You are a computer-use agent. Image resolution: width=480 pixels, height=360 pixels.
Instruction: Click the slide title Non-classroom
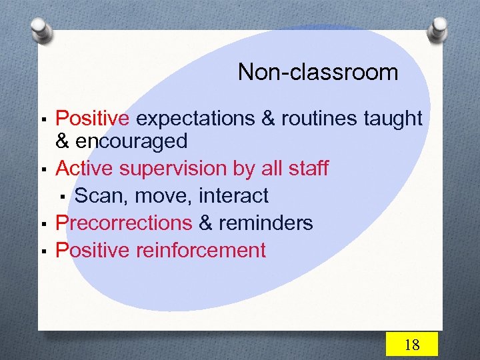tap(317, 71)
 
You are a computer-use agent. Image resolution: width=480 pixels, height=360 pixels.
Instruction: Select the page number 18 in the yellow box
tap(412, 344)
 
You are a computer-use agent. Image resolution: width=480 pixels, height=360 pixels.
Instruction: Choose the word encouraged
tap(131, 141)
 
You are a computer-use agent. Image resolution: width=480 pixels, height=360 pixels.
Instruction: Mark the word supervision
tap(174, 169)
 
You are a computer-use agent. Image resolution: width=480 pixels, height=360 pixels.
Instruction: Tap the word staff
tap(307, 168)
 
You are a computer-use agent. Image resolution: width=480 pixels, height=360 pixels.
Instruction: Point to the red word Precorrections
tap(124, 223)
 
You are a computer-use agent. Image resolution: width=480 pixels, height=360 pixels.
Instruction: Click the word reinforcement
tap(201, 251)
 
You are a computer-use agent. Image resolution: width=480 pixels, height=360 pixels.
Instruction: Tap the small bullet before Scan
tap(61, 197)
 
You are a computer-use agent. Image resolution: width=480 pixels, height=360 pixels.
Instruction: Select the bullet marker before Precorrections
tap(43, 224)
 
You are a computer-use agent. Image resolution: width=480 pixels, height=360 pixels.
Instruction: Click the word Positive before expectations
tap(93, 119)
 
